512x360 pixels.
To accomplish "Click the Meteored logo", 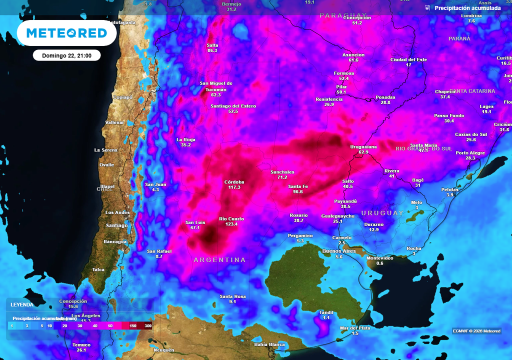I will pos(66,33).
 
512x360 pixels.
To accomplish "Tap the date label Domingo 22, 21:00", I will pos(66,55).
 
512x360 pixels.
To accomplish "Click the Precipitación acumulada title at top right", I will pos(467,8).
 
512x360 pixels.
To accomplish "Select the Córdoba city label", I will pos(234,182).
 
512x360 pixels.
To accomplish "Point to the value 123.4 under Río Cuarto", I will pos(231,224).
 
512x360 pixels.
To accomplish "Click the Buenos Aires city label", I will pos(339,251).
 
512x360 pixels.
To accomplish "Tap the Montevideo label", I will pos(380,258).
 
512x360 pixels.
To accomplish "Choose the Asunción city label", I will pos(353,55).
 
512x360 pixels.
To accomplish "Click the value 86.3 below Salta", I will pos(212,50).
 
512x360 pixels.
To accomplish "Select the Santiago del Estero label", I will pos(233,106).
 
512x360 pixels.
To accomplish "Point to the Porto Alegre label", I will pos(470,153).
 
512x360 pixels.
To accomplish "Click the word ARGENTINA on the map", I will pos(219,260).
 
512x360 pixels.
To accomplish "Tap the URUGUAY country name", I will pos(382,213).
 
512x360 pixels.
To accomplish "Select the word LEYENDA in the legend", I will pos(22,304).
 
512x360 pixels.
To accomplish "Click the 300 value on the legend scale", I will pos(148,326).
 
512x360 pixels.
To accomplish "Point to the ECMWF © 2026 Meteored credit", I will pos(476,331).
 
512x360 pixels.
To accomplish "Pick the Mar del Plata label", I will pos(355,328).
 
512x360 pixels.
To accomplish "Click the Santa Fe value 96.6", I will pos(298,191).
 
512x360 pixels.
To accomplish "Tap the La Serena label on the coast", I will pos(106,150).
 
